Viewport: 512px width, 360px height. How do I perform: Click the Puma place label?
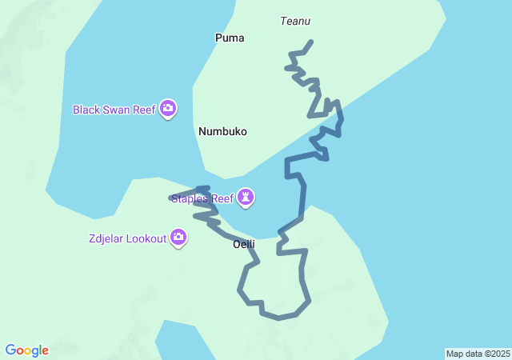click(x=230, y=38)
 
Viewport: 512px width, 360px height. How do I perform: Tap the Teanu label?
click(x=295, y=22)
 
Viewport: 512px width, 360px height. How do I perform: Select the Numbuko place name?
click(x=222, y=131)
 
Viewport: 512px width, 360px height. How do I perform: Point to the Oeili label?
click(x=243, y=244)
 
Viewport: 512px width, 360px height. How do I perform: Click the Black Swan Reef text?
click(x=114, y=110)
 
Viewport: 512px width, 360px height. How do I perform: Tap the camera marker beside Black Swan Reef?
click(x=167, y=108)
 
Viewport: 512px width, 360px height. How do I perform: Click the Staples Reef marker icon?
click(x=246, y=196)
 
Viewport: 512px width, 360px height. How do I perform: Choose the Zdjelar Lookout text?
click(x=127, y=238)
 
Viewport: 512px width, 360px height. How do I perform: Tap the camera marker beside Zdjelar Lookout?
click(x=178, y=237)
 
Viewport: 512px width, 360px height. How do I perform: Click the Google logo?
click(x=26, y=350)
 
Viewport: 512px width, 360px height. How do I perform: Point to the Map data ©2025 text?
click(x=478, y=354)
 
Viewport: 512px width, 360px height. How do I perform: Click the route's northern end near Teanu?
click(x=311, y=42)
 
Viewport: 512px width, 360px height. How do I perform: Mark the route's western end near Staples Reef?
click(x=171, y=198)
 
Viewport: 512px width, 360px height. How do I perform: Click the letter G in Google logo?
click(x=10, y=350)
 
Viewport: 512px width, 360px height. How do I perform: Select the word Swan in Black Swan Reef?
click(x=115, y=110)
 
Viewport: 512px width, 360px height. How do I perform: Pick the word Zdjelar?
click(x=107, y=238)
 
